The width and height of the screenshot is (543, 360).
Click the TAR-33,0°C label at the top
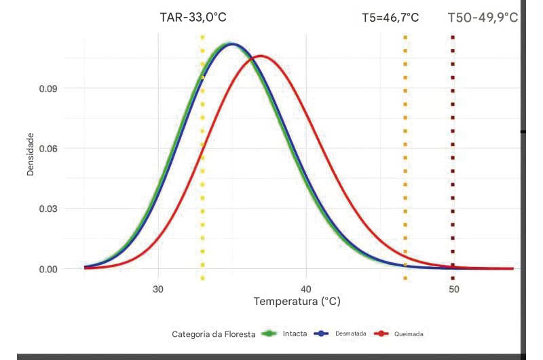pyautogui.click(x=192, y=18)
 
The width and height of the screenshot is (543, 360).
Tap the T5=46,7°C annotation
pyautogui.click(x=390, y=18)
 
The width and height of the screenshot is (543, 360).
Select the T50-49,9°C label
pyautogui.click(x=483, y=17)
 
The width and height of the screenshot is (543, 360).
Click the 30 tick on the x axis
pyautogui.click(x=158, y=287)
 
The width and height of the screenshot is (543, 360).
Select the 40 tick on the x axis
pyautogui.click(x=306, y=287)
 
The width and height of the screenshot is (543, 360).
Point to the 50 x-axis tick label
pyautogui.click(x=453, y=287)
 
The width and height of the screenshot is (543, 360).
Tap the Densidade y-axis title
pyautogui.click(x=31, y=154)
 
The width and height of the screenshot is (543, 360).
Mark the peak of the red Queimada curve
pyautogui.click(x=261, y=56)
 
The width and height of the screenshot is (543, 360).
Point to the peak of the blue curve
pyautogui.click(x=232, y=44)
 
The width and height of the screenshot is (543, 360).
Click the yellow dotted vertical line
pyautogui.click(x=202, y=170)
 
